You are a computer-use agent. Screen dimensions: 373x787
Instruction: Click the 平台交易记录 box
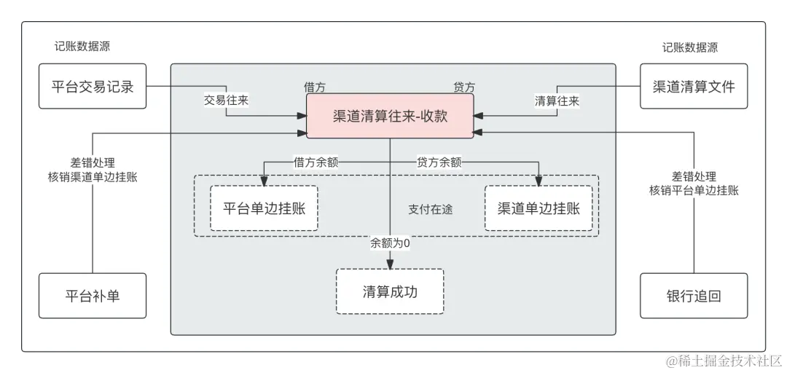coord(93,87)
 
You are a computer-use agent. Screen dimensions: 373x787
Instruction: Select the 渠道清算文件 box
coord(694,87)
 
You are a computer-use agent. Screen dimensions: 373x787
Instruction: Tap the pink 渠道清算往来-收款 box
coord(390,116)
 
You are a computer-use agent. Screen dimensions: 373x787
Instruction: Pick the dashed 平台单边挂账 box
coord(264,208)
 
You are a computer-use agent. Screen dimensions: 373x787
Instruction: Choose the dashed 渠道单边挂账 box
coord(539,208)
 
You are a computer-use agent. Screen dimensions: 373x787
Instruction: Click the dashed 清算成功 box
coord(390,291)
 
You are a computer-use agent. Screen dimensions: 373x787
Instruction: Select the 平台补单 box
coord(93,296)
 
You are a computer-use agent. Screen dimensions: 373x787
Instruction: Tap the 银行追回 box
coord(694,296)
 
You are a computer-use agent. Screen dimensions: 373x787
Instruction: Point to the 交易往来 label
coord(226,101)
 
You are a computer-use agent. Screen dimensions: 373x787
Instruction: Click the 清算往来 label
coord(557,101)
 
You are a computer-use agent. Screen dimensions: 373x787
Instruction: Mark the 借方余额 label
coord(316,162)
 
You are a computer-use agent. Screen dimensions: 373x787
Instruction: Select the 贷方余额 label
coord(439,162)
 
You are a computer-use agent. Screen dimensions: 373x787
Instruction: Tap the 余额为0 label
coord(390,243)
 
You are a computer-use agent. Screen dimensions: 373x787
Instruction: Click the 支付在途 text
coord(431,209)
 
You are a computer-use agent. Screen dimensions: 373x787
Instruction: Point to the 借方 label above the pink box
coord(315,87)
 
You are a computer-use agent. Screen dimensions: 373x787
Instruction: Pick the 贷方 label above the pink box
coord(464,87)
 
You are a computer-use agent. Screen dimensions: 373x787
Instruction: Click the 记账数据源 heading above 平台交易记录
coord(82,47)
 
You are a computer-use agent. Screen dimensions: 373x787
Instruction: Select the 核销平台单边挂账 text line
coord(694,190)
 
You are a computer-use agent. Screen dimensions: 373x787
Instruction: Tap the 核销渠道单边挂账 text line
coord(93,176)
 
